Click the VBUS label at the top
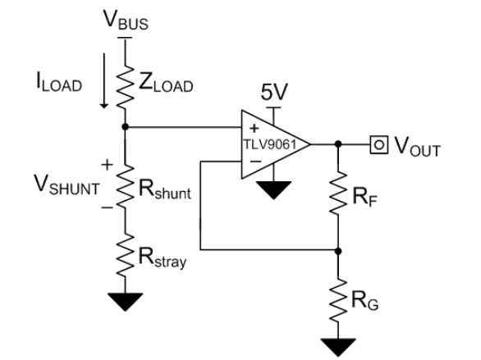[x=126, y=21]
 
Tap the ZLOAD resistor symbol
[x=125, y=86]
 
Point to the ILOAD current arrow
[x=104, y=81]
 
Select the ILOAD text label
[x=59, y=82]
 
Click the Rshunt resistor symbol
[x=125, y=187]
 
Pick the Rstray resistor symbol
[x=125, y=256]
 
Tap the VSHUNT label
[x=66, y=185]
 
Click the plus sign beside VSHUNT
[x=107, y=165]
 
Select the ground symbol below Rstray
[x=125, y=302]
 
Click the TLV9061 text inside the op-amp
[x=270, y=144]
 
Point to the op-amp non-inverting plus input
[x=254, y=128]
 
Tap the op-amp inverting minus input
[x=255, y=162]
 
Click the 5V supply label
[x=274, y=92]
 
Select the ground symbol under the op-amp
[x=273, y=190]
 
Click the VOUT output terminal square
[x=379, y=144]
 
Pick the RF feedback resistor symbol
[x=338, y=193]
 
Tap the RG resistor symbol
[x=338, y=300]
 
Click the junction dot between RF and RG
[x=338, y=251]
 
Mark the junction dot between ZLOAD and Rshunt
[x=125, y=126]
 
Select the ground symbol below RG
[x=338, y=348]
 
